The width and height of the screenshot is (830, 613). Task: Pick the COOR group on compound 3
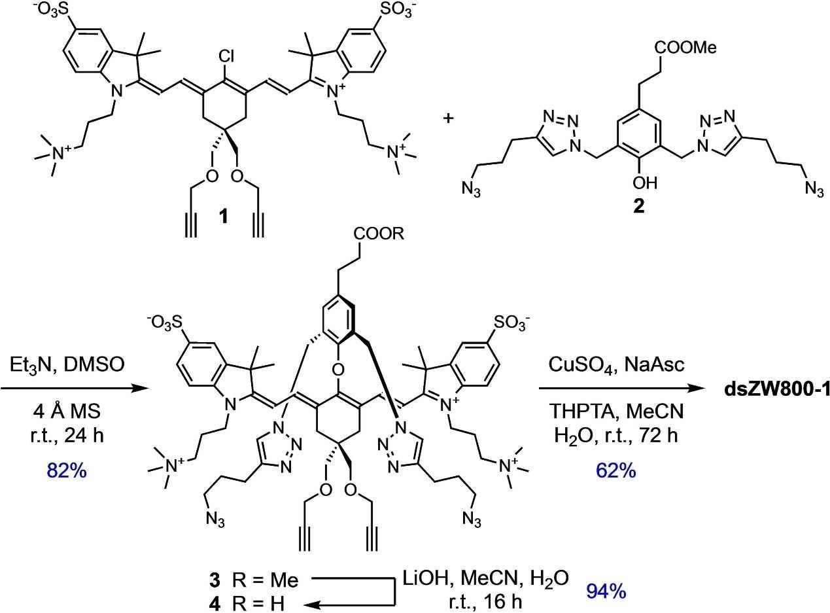(379, 234)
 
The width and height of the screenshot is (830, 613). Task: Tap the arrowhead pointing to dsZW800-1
(707, 390)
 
